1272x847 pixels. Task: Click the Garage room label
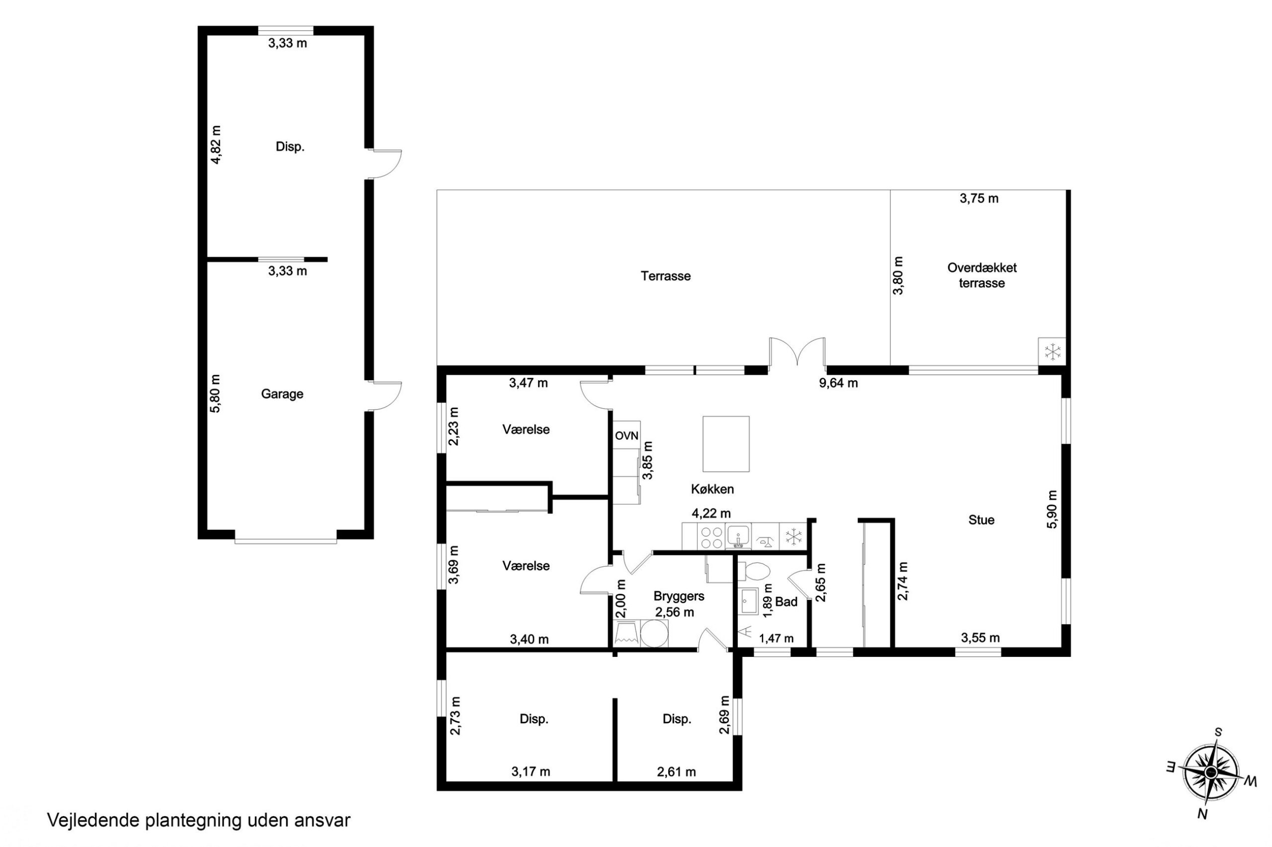click(x=282, y=394)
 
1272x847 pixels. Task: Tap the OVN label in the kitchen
click(x=627, y=435)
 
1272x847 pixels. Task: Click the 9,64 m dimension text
click(x=838, y=383)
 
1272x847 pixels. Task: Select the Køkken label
click(x=712, y=489)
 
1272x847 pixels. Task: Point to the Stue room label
click(x=981, y=520)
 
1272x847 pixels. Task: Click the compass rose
click(x=1210, y=773)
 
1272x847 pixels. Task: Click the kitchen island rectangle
click(x=725, y=443)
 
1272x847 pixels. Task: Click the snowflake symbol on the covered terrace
click(x=1052, y=352)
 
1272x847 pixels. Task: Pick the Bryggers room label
click(x=678, y=596)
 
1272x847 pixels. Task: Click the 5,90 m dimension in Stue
click(x=1051, y=509)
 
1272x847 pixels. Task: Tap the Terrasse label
click(x=665, y=276)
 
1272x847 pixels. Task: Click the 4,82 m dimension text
click(x=216, y=145)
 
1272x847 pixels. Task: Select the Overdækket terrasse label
click(x=982, y=275)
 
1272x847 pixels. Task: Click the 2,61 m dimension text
click(x=676, y=772)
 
